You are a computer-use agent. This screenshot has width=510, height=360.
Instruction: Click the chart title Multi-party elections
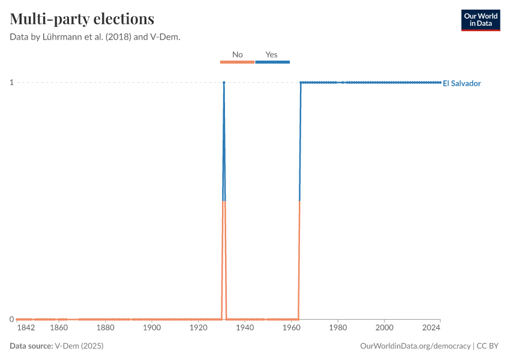click(82, 19)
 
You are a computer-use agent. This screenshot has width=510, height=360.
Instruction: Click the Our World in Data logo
click(481, 20)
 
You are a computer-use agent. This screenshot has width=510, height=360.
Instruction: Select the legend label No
click(237, 55)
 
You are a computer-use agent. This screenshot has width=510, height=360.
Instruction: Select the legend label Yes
click(272, 55)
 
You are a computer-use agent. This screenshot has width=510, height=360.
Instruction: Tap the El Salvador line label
click(461, 83)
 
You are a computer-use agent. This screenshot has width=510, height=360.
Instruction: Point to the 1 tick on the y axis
click(11, 82)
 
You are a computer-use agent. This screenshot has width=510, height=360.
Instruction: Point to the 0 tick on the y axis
click(11, 319)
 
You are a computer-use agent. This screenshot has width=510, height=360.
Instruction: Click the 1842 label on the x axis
click(26, 328)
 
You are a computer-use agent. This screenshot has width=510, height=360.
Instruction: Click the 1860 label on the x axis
click(59, 328)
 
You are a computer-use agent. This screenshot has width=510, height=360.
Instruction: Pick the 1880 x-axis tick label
click(105, 328)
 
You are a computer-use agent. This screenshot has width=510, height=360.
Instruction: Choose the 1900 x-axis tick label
click(152, 328)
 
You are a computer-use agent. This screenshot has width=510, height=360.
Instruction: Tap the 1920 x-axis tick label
click(198, 328)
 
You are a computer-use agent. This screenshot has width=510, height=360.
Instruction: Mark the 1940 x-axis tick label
click(245, 328)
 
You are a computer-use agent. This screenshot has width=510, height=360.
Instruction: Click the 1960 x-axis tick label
click(291, 328)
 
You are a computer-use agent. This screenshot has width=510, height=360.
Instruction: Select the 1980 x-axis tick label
click(338, 328)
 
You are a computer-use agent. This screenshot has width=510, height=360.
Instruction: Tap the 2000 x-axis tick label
click(384, 328)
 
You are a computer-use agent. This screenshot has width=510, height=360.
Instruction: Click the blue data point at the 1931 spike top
click(224, 82)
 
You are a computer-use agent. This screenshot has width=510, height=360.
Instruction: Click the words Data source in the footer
click(31, 346)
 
